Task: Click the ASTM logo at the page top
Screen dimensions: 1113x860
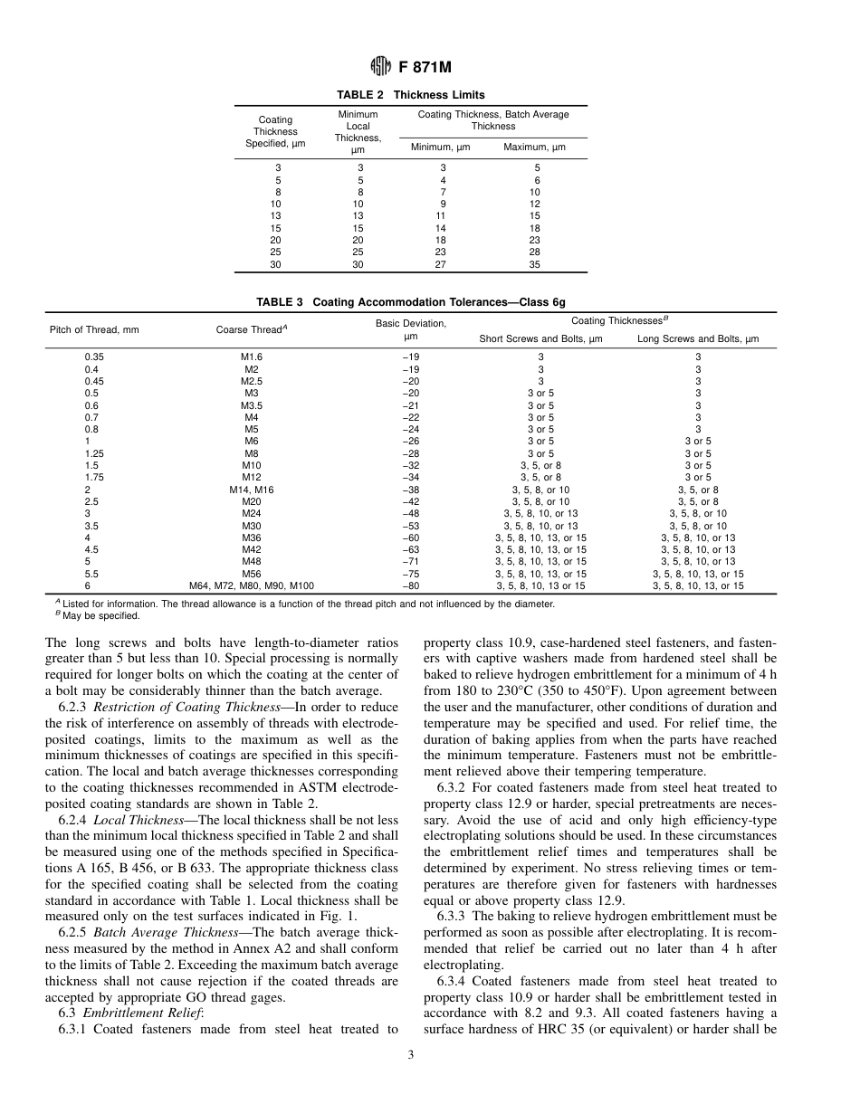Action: [380, 66]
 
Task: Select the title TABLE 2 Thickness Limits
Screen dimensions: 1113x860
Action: [410, 95]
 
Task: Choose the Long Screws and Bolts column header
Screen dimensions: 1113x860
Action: [698, 339]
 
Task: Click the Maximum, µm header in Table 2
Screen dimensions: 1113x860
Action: [534, 147]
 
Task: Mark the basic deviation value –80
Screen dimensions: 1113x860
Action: [410, 585]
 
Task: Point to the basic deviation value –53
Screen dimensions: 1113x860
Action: [410, 526]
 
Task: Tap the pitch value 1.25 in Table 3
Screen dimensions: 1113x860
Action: [92, 453]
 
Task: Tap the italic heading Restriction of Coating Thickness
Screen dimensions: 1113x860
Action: [182, 707]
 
